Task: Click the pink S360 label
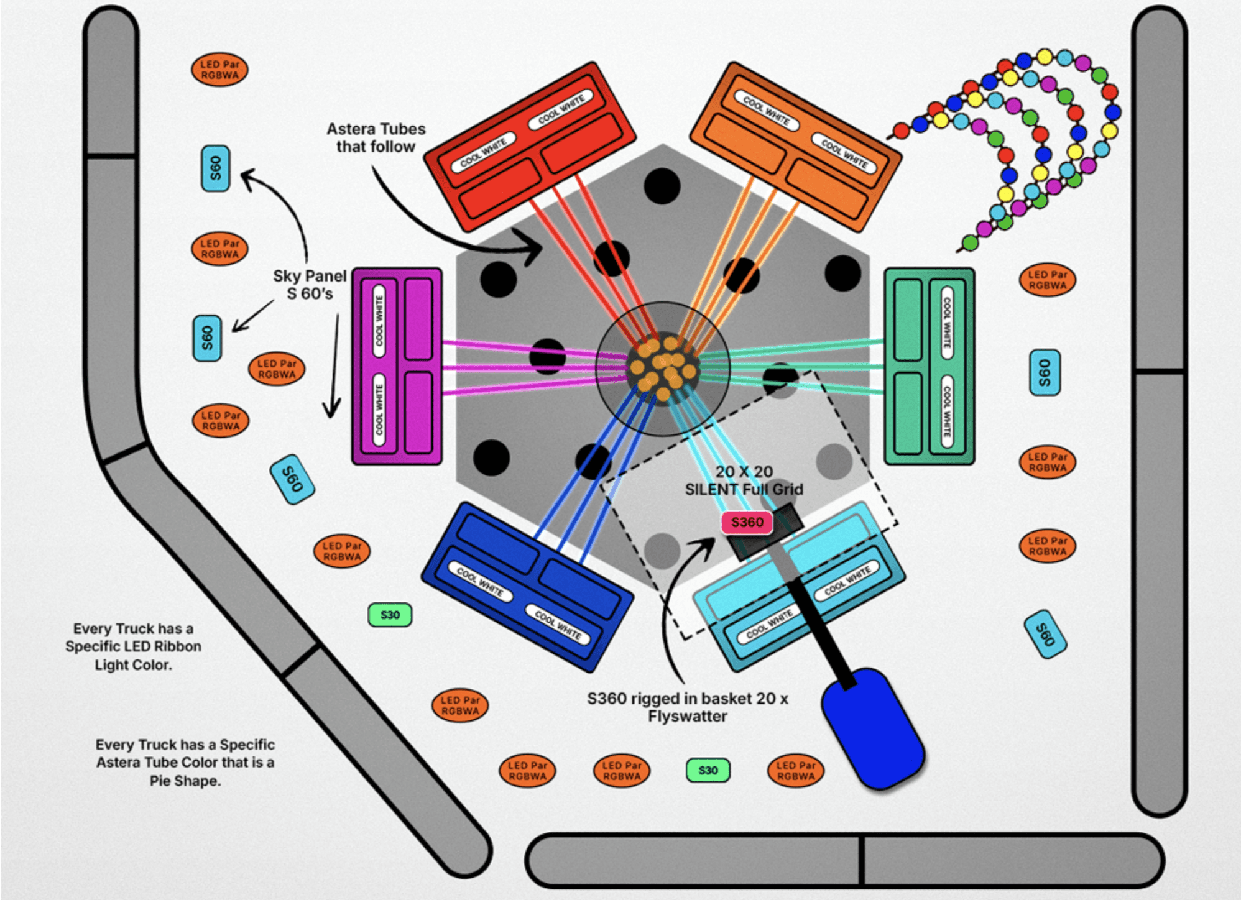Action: click(747, 522)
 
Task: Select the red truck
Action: click(530, 147)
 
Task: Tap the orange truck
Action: click(796, 147)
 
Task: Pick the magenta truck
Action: click(397, 366)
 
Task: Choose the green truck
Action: click(929, 366)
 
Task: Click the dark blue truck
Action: click(527, 587)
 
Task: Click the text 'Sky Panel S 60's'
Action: click(310, 285)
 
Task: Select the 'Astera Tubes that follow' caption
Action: click(376, 137)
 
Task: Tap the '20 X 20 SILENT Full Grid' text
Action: click(744, 480)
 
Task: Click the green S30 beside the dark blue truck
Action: click(390, 615)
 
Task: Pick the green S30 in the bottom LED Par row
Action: click(708, 770)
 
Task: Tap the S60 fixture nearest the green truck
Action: click(1045, 373)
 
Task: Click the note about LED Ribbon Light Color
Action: click(133, 646)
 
